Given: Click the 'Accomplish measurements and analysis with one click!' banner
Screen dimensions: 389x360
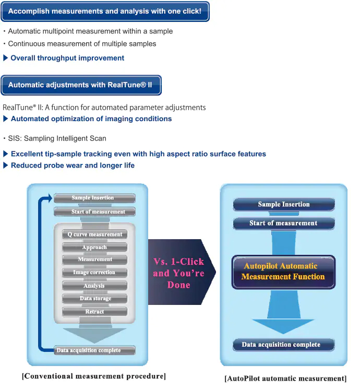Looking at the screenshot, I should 105,11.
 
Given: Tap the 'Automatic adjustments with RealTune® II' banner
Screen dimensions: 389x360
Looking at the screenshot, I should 81,85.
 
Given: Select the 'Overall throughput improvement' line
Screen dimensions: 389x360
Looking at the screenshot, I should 67,58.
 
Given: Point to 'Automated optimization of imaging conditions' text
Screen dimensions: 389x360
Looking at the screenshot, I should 91,119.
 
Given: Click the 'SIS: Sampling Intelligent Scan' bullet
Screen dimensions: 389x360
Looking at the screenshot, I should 57,138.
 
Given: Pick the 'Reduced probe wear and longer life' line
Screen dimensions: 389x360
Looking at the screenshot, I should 73,166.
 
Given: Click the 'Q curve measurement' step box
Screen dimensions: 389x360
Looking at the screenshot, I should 95,234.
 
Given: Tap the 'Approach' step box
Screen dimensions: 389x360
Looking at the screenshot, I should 95,247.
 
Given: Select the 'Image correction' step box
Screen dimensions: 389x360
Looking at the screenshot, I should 95,273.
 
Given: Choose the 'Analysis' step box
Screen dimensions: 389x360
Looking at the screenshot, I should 95,286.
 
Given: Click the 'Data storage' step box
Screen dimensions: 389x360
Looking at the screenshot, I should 95,299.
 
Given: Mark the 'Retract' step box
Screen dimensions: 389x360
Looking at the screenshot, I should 95,312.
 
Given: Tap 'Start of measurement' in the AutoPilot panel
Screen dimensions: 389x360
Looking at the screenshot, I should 283,223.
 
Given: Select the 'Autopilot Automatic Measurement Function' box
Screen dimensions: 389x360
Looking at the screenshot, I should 283,272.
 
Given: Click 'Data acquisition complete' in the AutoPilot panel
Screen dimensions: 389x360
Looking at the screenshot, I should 283,345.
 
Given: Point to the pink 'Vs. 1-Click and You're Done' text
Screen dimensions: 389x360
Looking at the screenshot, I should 178,273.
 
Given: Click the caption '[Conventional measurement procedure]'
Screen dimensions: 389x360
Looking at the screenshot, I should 94,376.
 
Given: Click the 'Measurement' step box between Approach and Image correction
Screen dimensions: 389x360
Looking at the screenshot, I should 95,260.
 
